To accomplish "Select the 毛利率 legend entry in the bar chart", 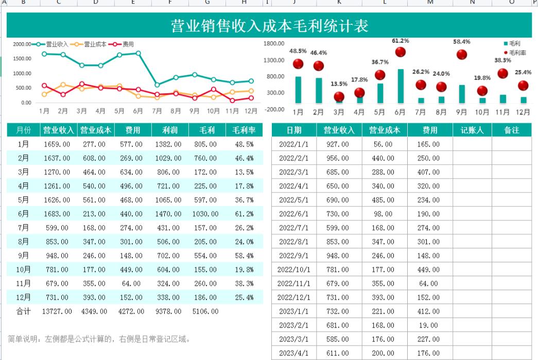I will point(517,53).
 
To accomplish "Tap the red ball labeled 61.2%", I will point(400,52).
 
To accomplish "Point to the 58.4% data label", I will point(461,42).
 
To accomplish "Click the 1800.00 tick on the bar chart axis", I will point(274,44).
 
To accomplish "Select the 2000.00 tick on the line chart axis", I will point(22,44).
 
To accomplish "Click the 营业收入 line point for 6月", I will point(138,53).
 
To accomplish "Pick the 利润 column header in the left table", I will point(170,130).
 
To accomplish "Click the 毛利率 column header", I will point(244,130).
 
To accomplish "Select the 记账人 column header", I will point(472,130).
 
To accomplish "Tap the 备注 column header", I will point(511,130).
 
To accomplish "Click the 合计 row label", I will point(23,311).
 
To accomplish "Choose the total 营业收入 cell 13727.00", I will point(57,311).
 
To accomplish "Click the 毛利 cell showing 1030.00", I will point(206,214).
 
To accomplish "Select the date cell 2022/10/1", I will point(294,269).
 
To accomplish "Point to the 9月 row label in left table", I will point(23,255).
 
